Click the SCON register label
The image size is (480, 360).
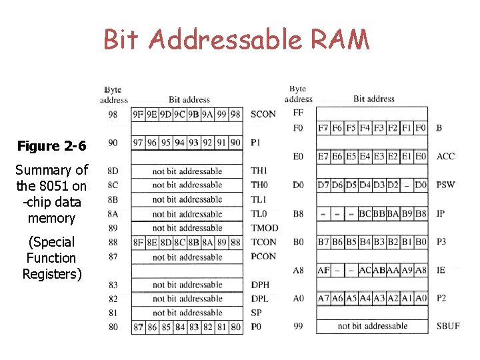(263, 114)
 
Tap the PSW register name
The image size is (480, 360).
(445, 185)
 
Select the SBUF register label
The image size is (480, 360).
(448, 326)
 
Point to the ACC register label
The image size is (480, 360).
(445, 157)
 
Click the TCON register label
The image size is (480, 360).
(264, 242)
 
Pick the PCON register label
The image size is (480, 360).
(264, 256)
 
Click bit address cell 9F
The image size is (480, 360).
(138, 114)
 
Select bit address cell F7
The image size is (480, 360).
(323, 127)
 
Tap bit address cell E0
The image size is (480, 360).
(420, 157)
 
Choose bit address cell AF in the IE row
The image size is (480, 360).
(323, 270)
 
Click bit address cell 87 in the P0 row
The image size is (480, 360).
(138, 327)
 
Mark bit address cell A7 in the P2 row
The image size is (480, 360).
(323, 299)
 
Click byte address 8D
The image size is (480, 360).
(113, 171)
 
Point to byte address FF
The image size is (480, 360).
(298, 113)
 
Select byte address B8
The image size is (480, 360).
(298, 214)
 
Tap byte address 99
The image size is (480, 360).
(298, 326)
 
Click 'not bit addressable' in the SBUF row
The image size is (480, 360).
(372, 326)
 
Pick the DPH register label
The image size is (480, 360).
(260, 285)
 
